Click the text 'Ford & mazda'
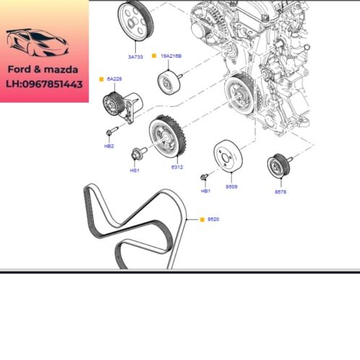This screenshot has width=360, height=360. pos(43,70)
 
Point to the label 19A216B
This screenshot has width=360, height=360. pos(171,56)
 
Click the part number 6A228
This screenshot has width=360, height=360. pos(115,78)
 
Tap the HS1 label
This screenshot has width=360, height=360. pos(134,171)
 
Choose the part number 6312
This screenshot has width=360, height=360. pos(177,167)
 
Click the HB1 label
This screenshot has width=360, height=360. pos(205,191)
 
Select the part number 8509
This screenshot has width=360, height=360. pos(231,186)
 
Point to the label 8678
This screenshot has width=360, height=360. pos(280,192)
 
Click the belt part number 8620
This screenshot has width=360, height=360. pos(213,218)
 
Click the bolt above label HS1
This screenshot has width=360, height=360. pos(136,153)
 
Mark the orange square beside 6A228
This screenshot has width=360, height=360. pos(102,78)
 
